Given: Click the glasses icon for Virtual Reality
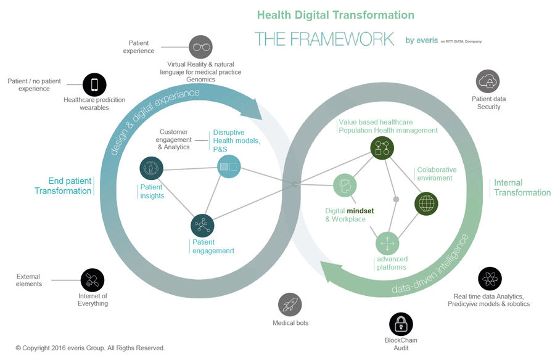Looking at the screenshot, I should pyautogui.click(x=200, y=47).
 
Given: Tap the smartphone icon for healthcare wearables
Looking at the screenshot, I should pyautogui.click(x=94, y=85).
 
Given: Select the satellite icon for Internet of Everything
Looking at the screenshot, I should pyautogui.click(x=92, y=280).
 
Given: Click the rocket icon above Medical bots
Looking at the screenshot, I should pyautogui.click(x=290, y=305).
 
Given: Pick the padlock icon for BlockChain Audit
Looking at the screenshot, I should pyautogui.click(x=401, y=324).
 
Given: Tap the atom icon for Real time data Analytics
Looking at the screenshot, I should pyautogui.click(x=490, y=279).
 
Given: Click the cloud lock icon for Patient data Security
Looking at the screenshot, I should pyautogui.click(x=488, y=81).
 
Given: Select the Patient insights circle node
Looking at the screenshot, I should pyautogui.click(x=151, y=168).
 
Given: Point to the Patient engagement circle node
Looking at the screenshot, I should pyautogui.click(x=202, y=226).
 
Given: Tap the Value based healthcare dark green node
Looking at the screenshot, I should pyautogui.click(x=382, y=148).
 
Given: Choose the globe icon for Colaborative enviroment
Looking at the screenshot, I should pyautogui.click(x=426, y=203).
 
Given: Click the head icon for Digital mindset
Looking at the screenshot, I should pyautogui.click(x=345, y=186).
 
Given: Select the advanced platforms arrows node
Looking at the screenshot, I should pyautogui.click(x=387, y=243).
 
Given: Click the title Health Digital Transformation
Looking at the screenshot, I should pyautogui.click(x=335, y=15).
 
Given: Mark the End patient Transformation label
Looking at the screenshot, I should pyautogui.click(x=63, y=186).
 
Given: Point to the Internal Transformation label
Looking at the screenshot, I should pyautogui.click(x=522, y=187).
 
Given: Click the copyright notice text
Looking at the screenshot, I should pyautogui.click(x=90, y=348).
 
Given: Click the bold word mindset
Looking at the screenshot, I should pyautogui.click(x=361, y=211).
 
